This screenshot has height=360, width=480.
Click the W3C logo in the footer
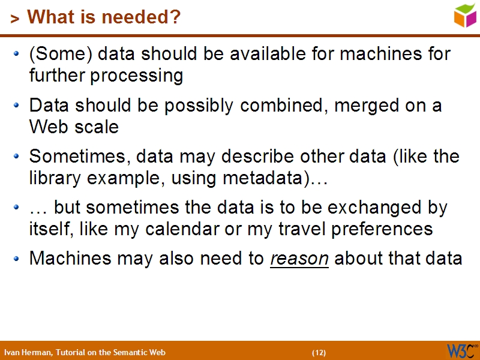click(x=461, y=350)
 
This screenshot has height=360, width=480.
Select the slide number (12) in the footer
click(x=319, y=352)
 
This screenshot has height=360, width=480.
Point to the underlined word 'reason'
click(x=299, y=259)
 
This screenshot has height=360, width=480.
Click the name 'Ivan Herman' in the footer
click(x=28, y=352)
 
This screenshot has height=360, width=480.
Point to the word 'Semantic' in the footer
click(x=125, y=352)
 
